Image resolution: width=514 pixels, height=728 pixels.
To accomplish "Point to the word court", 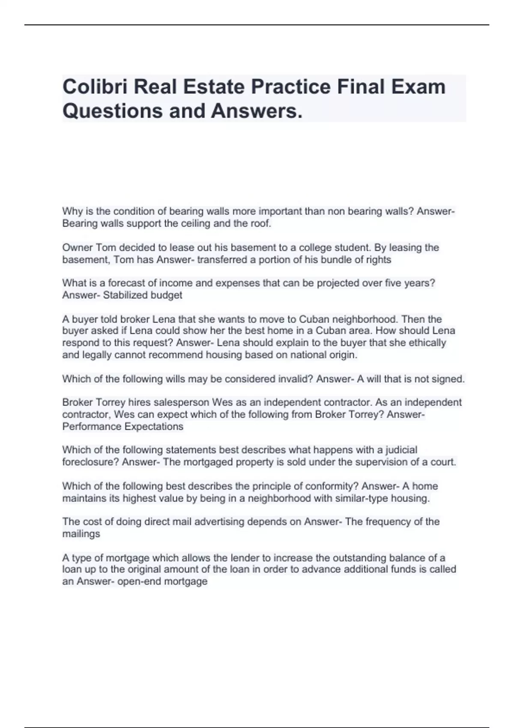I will point(445,462).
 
